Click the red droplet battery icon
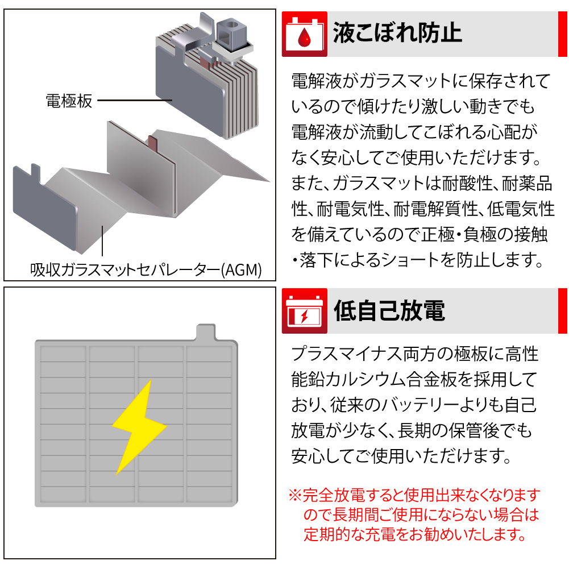(x=305, y=34)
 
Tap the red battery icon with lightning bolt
(x=305, y=311)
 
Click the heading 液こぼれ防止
(x=397, y=34)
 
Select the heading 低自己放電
(x=389, y=310)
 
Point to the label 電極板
(x=69, y=101)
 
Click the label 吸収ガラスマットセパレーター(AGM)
(x=146, y=269)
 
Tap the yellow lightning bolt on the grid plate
(x=139, y=427)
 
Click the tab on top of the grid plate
(x=206, y=332)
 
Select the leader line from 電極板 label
(x=135, y=101)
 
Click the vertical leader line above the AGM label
(x=103, y=241)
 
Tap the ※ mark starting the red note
(x=295, y=495)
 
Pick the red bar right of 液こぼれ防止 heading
(x=563, y=34)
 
